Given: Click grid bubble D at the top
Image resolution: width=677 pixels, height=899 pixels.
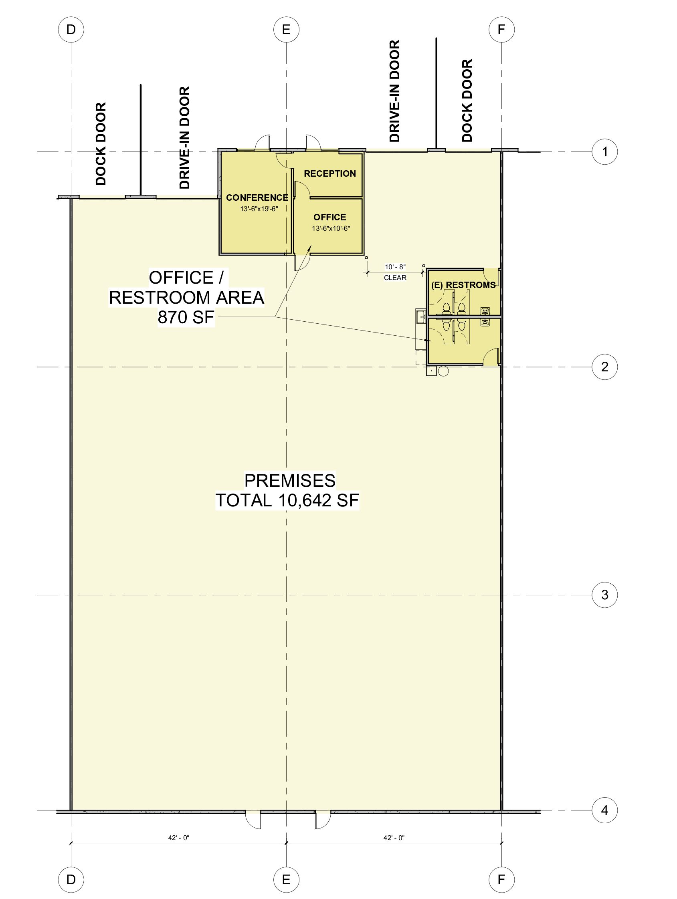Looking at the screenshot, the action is tap(71, 29).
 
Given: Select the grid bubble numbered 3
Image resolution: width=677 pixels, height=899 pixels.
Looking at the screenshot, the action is tap(604, 595).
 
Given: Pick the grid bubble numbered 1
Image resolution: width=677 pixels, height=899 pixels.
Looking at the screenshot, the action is tap(604, 151).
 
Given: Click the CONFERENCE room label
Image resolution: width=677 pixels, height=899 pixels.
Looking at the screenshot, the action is tap(257, 198).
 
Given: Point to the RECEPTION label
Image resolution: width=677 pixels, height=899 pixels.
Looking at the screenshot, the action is tap(330, 173).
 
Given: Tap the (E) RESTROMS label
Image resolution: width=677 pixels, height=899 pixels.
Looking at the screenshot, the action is tap(463, 285).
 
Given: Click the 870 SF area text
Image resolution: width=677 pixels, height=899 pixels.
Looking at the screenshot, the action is tap(186, 317).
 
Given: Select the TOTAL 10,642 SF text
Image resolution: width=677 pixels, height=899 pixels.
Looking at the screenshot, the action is tap(287, 500).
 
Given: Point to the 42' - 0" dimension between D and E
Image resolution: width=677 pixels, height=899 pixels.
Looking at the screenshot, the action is tap(179, 838).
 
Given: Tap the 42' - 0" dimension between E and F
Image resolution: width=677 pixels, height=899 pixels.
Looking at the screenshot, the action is tap(394, 838).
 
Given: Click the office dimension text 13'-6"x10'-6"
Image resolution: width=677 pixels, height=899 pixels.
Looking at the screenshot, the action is tap(331, 228).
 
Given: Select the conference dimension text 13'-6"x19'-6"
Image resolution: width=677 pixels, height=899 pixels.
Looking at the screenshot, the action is tap(259, 209).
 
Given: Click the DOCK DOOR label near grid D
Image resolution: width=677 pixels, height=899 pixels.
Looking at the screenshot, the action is tap(101, 144).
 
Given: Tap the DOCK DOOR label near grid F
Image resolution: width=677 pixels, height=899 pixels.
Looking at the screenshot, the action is tap(467, 101).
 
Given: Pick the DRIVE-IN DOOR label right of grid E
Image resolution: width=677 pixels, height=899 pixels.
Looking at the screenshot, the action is tap(394, 91).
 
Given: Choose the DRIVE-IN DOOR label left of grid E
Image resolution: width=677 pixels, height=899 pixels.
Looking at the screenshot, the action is tap(185, 138).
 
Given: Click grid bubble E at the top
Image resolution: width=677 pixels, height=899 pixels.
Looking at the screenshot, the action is tap(286, 29).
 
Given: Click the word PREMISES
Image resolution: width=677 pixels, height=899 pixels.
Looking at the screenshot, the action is tap(290, 481).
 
